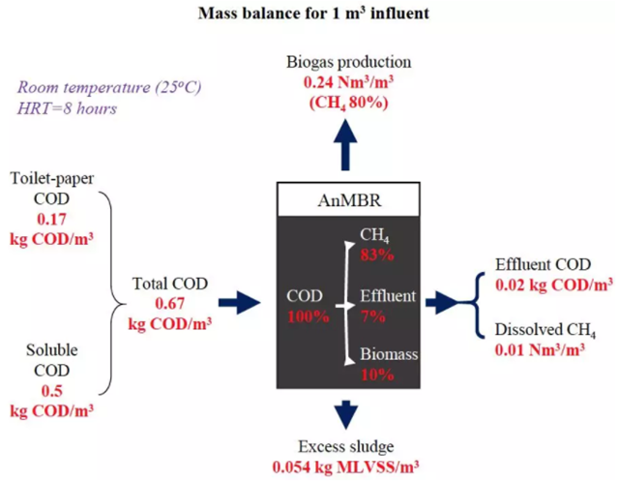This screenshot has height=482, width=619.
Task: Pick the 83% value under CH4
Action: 378,256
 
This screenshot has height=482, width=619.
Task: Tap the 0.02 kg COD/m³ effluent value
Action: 553,286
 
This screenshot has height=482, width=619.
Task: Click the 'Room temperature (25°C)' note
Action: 107,87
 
